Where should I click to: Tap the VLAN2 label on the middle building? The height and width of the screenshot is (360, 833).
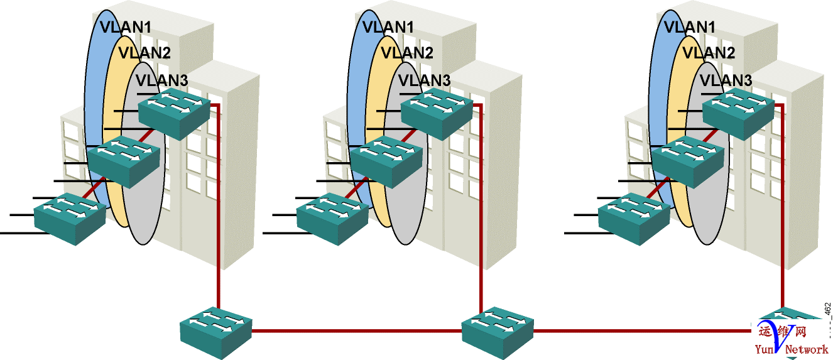407,53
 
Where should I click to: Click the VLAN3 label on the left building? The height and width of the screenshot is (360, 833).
161,80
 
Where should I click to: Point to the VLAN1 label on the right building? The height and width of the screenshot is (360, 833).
689,27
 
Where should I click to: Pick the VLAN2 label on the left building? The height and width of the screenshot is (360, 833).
144,53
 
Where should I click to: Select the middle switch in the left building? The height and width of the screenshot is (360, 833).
122,160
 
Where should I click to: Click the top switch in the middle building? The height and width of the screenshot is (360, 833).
437,112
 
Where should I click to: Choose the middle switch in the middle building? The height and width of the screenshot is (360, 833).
385,160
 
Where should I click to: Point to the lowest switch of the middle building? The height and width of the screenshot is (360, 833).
332,217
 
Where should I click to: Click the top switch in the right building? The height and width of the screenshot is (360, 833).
738,112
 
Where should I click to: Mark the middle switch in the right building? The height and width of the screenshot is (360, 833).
687,160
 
